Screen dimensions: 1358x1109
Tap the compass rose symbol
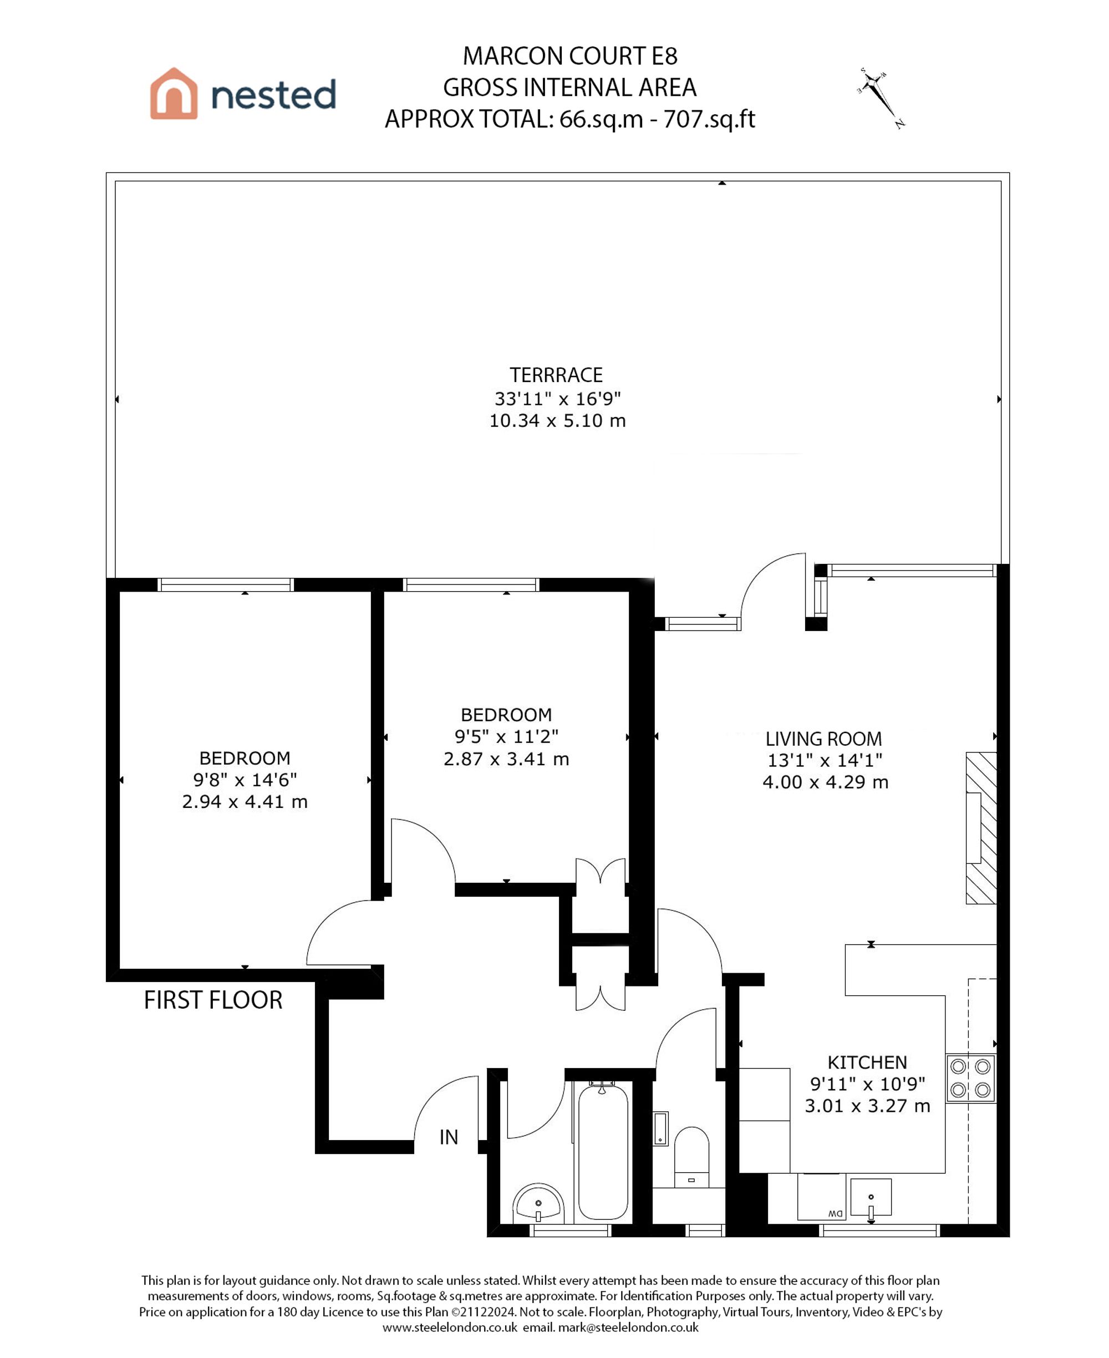click(881, 98)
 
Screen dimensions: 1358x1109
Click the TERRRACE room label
click(556, 375)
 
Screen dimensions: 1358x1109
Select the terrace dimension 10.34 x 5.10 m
click(557, 421)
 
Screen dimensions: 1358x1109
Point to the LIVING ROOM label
click(823, 739)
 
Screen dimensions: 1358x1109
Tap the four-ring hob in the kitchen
click(970, 1077)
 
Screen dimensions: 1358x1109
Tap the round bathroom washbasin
click(538, 1203)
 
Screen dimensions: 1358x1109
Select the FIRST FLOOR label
click(213, 1000)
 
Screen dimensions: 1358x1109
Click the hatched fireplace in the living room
click(980, 828)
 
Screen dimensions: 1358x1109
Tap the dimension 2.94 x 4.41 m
click(245, 802)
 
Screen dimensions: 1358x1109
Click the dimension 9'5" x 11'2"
click(506, 736)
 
